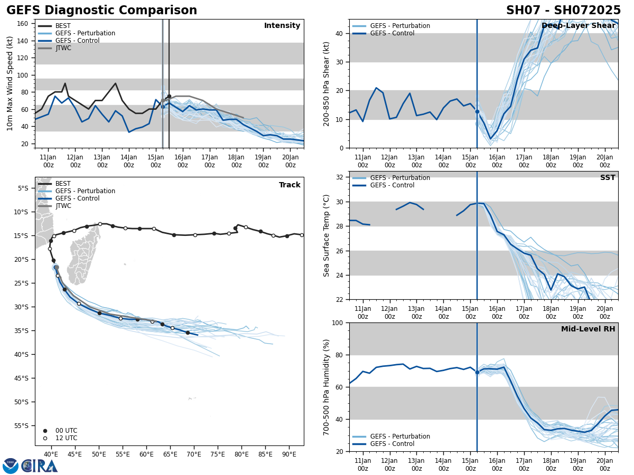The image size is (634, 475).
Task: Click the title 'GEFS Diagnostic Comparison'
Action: point(101,11)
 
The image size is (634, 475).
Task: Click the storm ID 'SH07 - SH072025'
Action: point(563,11)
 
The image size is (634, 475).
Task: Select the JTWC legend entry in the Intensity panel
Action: point(63,48)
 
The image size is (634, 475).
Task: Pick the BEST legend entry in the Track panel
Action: point(63,184)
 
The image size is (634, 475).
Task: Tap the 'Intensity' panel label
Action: point(282,26)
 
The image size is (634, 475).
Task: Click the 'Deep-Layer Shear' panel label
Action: point(579,26)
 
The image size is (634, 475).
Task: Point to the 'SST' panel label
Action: point(608,178)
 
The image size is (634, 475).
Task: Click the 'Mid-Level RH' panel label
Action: point(588,329)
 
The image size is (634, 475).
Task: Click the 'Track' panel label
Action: point(290,185)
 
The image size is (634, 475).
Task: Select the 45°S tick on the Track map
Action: point(23,378)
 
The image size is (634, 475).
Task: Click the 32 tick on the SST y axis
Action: point(341,177)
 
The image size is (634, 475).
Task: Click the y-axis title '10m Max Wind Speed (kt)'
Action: point(10,83)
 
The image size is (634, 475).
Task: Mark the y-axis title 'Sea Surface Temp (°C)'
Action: point(327,235)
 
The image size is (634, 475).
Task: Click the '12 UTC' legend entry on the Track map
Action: point(67,438)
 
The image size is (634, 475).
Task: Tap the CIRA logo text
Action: point(39,465)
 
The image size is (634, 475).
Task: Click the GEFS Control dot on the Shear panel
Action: point(477,111)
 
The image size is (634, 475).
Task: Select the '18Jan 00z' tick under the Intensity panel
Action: point(237,161)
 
